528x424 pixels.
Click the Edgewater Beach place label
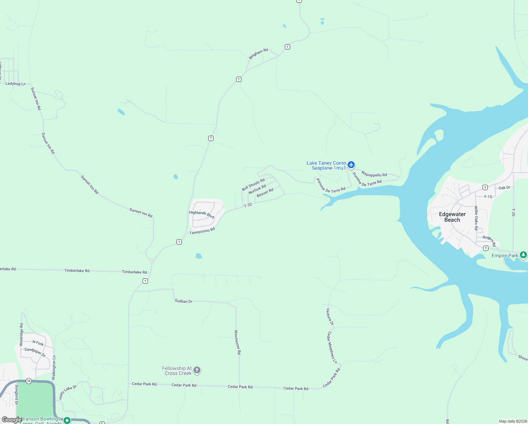(x=452, y=217)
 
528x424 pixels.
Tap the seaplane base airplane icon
(x=351, y=165)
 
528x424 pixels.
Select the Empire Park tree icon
(x=523, y=255)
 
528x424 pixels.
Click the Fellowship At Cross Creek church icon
(x=197, y=370)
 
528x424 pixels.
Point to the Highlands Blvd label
(x=202, y=214)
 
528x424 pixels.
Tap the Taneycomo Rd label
(x=202, y=231)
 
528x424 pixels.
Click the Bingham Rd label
(x=258, y=54)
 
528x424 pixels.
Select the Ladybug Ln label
(x=16, y=84)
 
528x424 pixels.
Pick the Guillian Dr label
(x=184, y=301)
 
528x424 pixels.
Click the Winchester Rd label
(x=238, y=342)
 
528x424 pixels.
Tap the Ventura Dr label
(x=330, y=317)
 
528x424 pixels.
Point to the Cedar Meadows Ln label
(x=332, y=347)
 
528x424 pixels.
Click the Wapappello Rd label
(x=374, y=175)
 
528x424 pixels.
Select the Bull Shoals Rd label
(x=253, y=184)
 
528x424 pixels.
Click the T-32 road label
(x=248, y=205)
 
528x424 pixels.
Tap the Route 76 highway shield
(x=29, y=381)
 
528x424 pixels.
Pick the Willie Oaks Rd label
(x=476, y=218)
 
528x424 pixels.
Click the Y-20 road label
(x=514, y=212)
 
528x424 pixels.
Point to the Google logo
(x=12, y=420)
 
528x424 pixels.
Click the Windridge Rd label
(x=21, y=335)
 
